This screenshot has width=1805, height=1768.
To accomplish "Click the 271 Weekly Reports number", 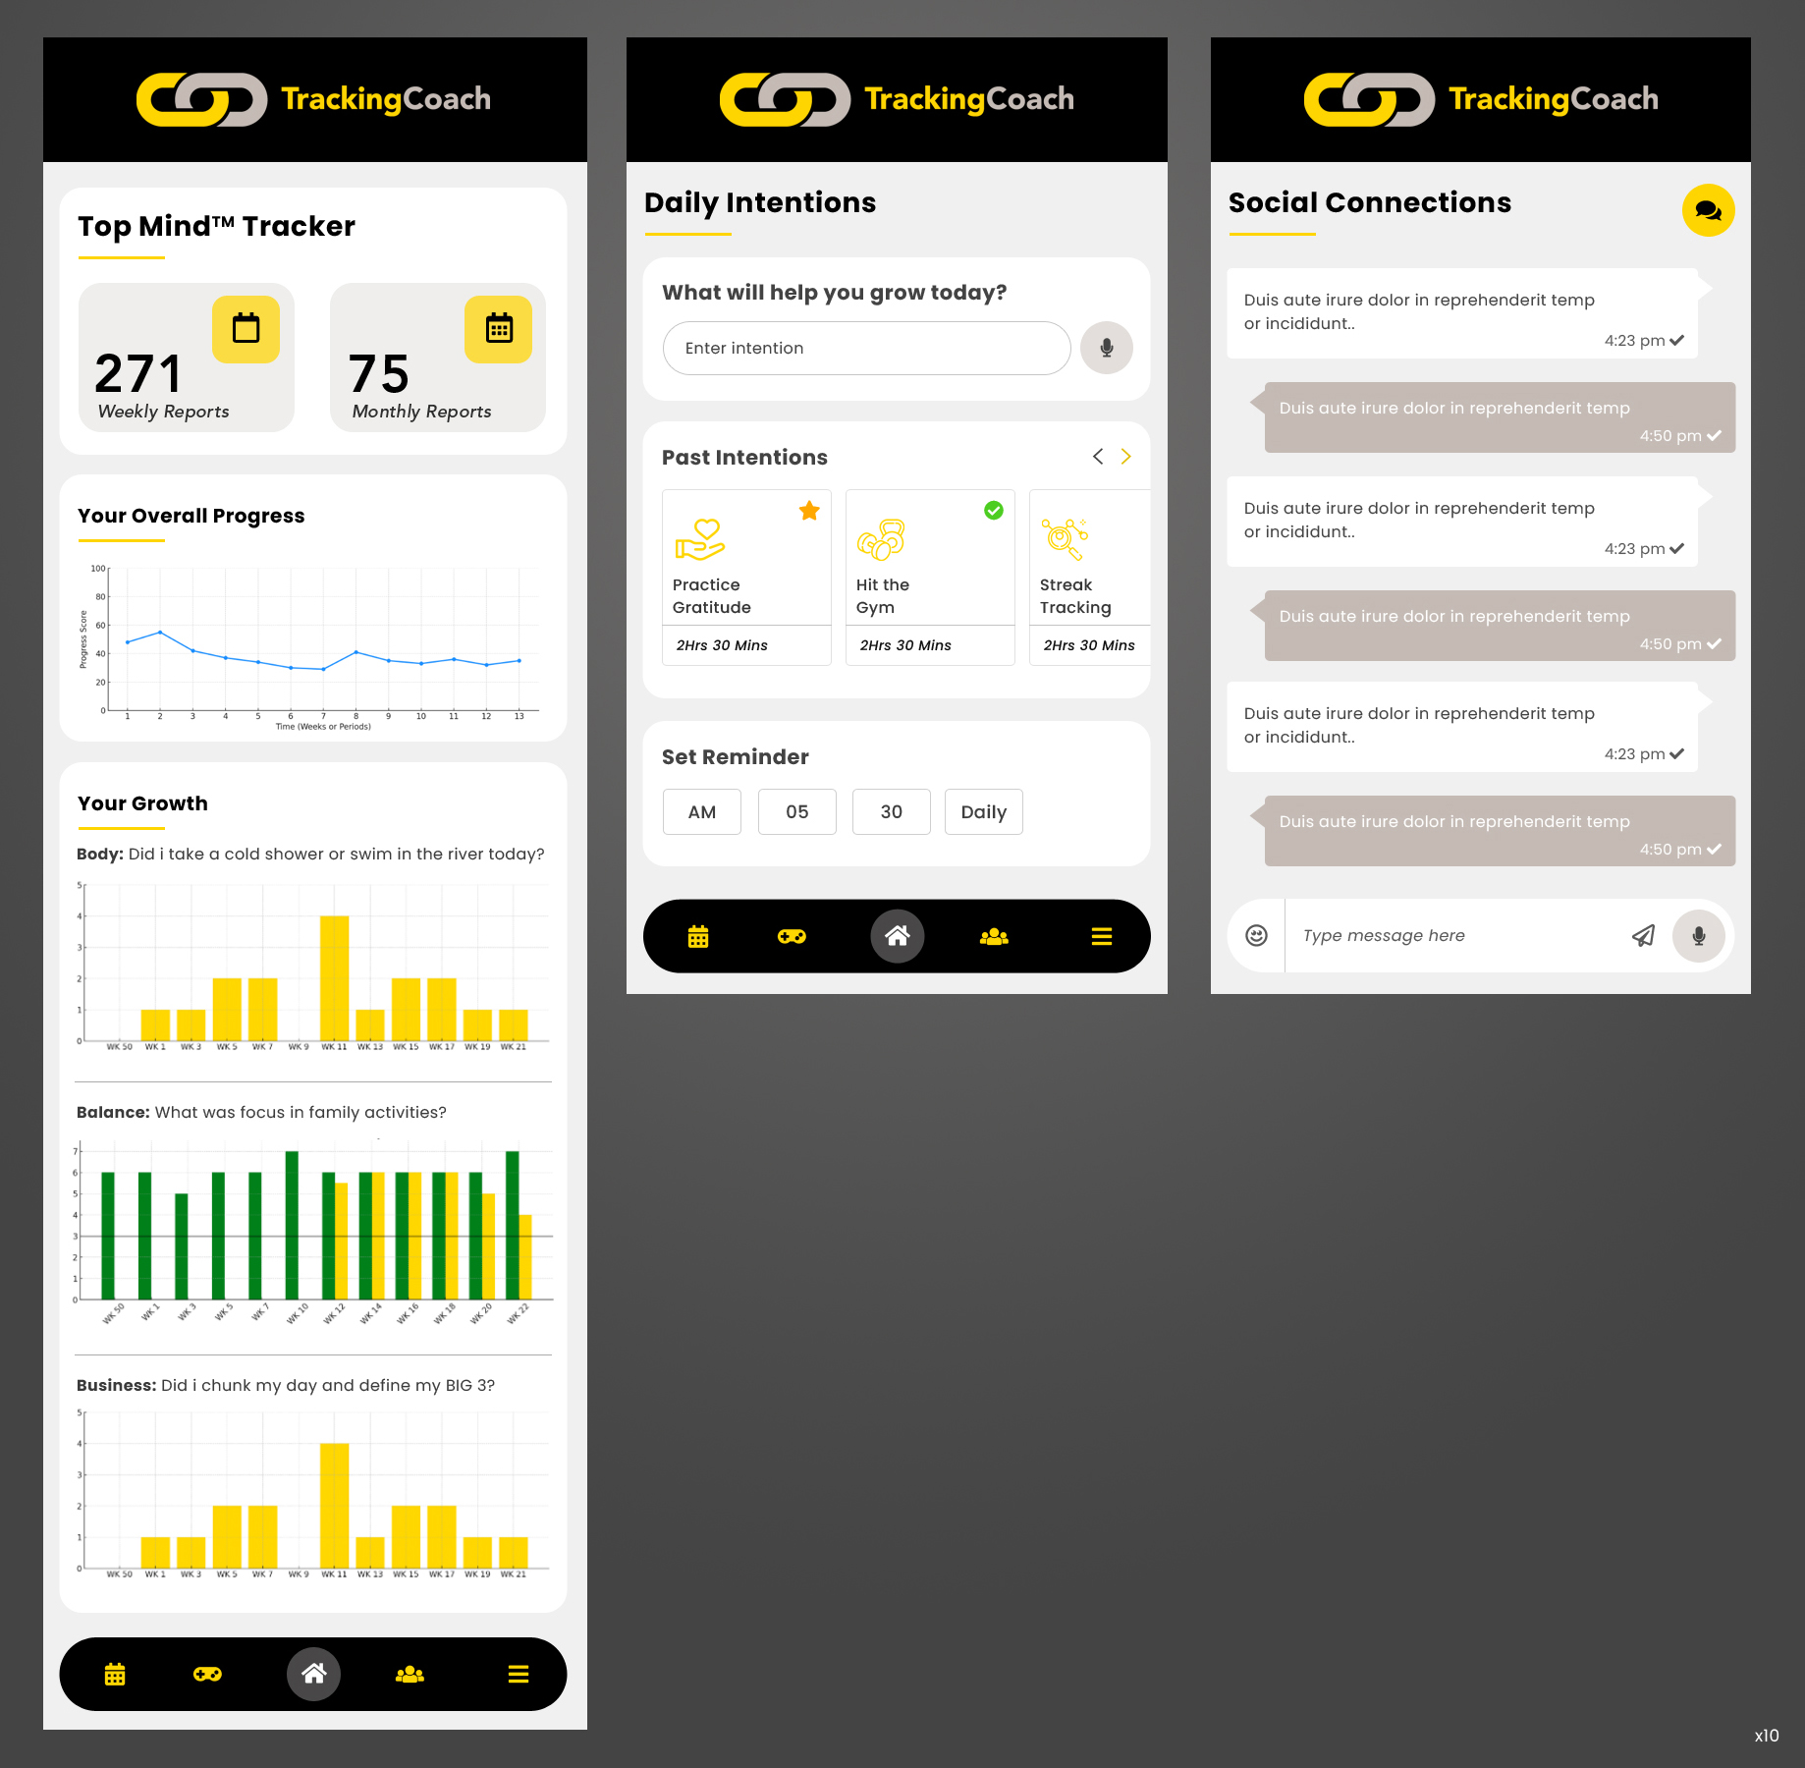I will pos(138,374).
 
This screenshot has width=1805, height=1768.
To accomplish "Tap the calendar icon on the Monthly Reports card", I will pos(499,329).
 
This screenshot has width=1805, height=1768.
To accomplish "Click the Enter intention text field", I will pos(866,348).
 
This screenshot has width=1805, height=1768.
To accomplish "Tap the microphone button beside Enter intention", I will pos(1106,348).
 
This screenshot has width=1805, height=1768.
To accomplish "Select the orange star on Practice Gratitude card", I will pos(809,511).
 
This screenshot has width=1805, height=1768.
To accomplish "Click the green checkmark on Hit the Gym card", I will pos(994,511).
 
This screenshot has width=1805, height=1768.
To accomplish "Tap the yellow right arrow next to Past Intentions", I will pos(1126,457).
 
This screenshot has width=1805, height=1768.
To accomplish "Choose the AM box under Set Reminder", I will pos(701,812).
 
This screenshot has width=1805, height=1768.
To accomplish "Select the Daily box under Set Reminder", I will pos(983,812).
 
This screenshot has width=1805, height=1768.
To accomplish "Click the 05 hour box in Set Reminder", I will pos(796,812).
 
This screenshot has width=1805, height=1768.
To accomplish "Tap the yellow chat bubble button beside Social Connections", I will pos(1708,210).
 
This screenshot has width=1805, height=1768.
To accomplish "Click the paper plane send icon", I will pos(1643,936).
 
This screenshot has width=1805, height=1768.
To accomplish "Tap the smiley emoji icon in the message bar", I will pos(1256,936).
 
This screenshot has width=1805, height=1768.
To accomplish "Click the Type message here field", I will pos(1453,936).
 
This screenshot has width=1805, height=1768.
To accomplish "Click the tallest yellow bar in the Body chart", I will pos(334,977).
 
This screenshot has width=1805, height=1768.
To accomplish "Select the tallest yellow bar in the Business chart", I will pos(334,1505).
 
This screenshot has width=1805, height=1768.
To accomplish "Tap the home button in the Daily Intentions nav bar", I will pos(897,936).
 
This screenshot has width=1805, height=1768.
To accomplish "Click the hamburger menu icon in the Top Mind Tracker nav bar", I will pos(519,1675).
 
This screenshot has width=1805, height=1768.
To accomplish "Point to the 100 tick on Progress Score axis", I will pos(98,569).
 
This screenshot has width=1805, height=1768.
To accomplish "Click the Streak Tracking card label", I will pos(1075,596).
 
